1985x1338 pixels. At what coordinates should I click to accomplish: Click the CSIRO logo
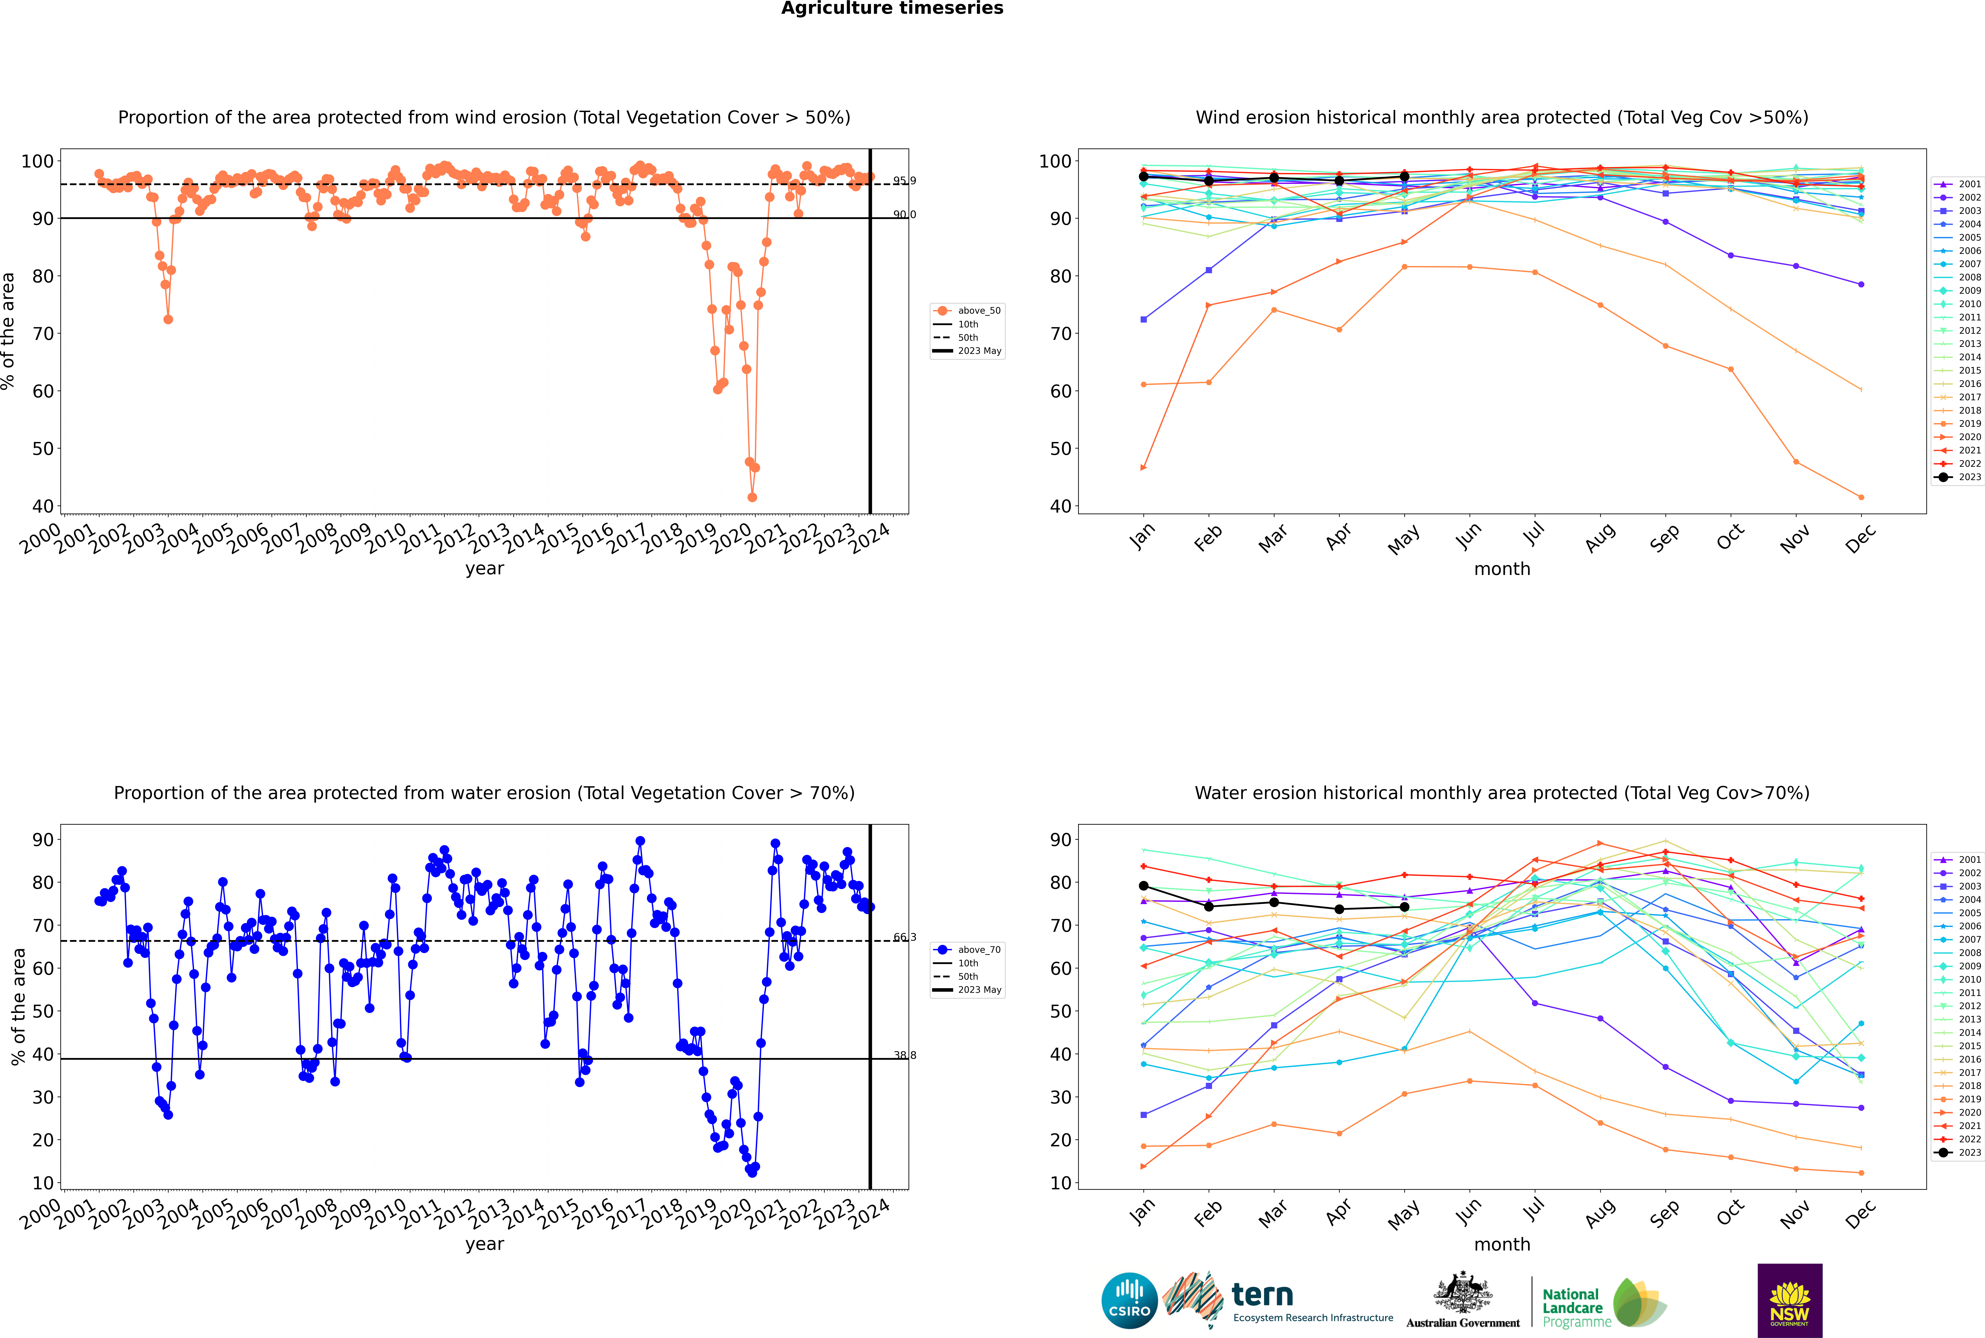pyautogui.click(x=1129, y=1301)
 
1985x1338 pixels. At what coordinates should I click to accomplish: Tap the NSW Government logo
pyautogui.click(x=1790, y=1300)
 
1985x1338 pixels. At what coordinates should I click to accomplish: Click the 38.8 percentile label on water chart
pyautogui.click(x=905, y=1055)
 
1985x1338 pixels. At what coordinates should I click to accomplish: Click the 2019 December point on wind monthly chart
pyautogui.click(x=1861, y=497)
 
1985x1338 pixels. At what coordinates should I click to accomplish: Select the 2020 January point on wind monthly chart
pyautogui.click(x=1144, y=468)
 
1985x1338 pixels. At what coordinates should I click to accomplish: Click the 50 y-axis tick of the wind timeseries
pyautogui.click(x=43, y=449)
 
